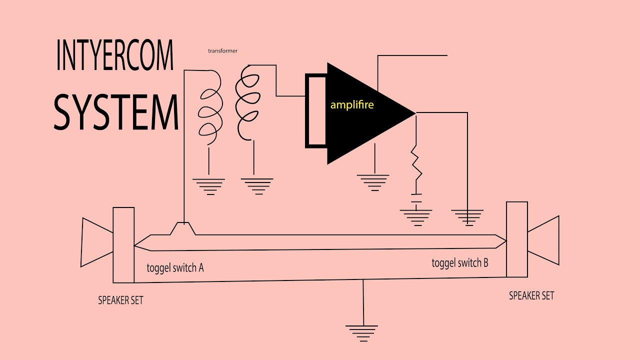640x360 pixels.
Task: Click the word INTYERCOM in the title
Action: click(x=114, y=56)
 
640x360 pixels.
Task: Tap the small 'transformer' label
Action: click(x=222, y=50)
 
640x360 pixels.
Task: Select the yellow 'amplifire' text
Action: click(x=352, y=105)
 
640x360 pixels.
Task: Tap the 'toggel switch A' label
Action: click(x=175, y=267)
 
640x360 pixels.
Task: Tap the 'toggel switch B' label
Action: click(x=460, y=262)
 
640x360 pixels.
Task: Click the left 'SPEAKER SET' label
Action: click(x=120, y=300)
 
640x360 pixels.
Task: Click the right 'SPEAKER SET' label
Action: click(x=531, y=295)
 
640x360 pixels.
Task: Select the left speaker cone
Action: click(x=96, y=242)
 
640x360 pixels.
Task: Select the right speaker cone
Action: click(x=543, y=240)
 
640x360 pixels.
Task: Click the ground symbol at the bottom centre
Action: click(x=362, y=332)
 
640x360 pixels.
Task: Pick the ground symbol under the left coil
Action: click(x=208, y=186)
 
